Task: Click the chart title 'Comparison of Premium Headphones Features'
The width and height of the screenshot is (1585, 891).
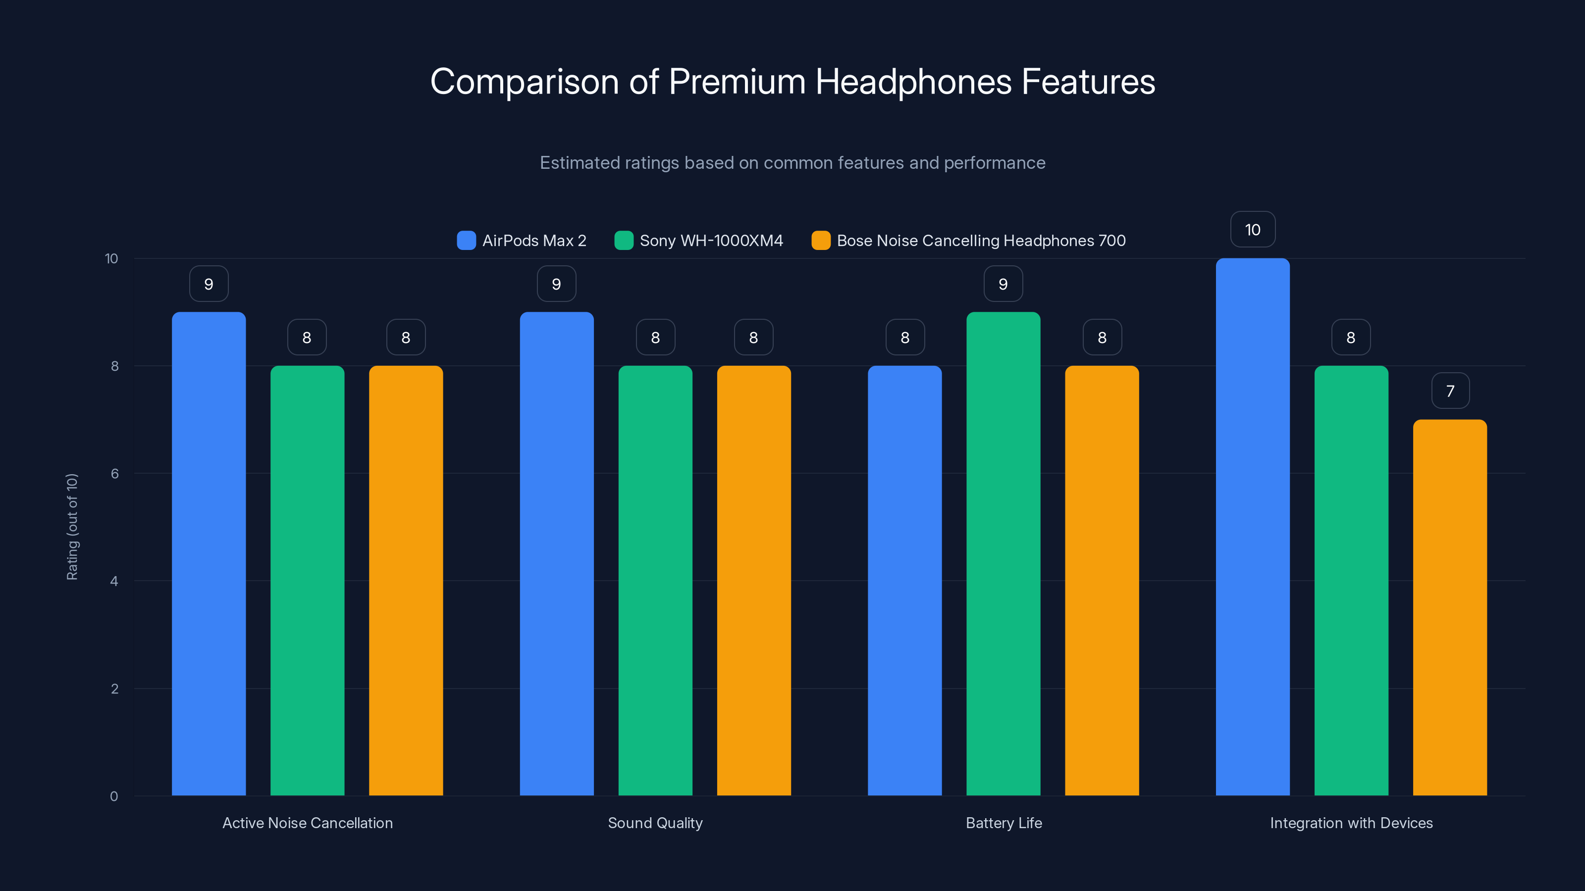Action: (x=792, y=82)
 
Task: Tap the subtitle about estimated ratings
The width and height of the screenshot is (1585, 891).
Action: (x=792, y=163)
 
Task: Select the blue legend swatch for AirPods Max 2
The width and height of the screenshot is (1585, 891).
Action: (x=467, y=241)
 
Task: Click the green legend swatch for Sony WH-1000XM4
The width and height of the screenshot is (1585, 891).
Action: (x=624, y=241)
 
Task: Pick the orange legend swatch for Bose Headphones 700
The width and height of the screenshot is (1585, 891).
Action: (x=821, y=241)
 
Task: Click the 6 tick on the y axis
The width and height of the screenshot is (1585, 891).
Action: (x=114, y=474)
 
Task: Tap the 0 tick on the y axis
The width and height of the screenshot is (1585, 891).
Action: (x=114, y=796)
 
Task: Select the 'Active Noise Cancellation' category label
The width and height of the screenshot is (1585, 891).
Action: (x=308, y=823)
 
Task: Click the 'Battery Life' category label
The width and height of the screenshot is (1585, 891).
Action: (x=1004, y=823)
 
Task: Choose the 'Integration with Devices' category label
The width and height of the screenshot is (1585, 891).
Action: (x=1351, y=823)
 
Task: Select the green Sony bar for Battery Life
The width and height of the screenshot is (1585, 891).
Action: (x=1003, y=553)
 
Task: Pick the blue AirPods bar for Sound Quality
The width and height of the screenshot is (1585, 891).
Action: (x=556, y=553)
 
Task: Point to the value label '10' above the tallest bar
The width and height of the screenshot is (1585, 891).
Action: (x=1253, y=230)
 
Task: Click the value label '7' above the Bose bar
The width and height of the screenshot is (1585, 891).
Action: (x=1450, y=391)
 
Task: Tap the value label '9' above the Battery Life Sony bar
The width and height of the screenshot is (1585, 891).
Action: (x=1003, y=284)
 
